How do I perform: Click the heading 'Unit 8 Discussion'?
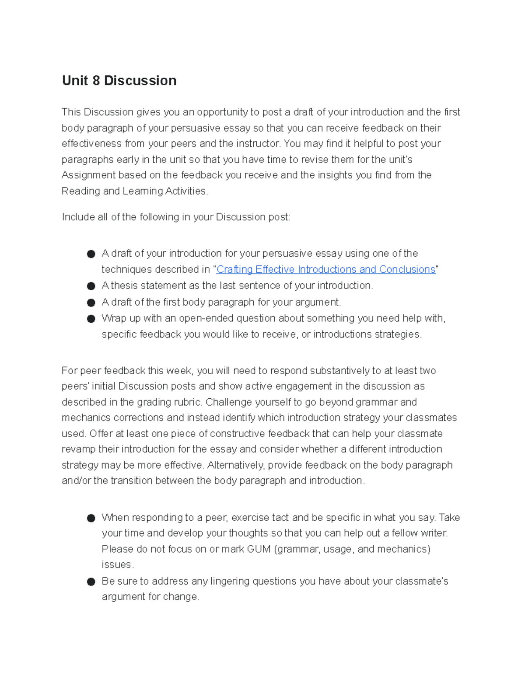click(119, 80)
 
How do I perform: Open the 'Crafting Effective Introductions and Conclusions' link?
click(326, 269)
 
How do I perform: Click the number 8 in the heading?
click(96, 80)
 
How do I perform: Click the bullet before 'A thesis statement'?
click(91, 286)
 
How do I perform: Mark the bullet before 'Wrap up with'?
click(91, 319)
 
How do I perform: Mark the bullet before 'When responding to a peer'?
click(91, 518)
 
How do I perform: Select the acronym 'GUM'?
click(259, 549)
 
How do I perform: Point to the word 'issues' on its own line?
click(117, 565)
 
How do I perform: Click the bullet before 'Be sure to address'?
click(91, 582)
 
